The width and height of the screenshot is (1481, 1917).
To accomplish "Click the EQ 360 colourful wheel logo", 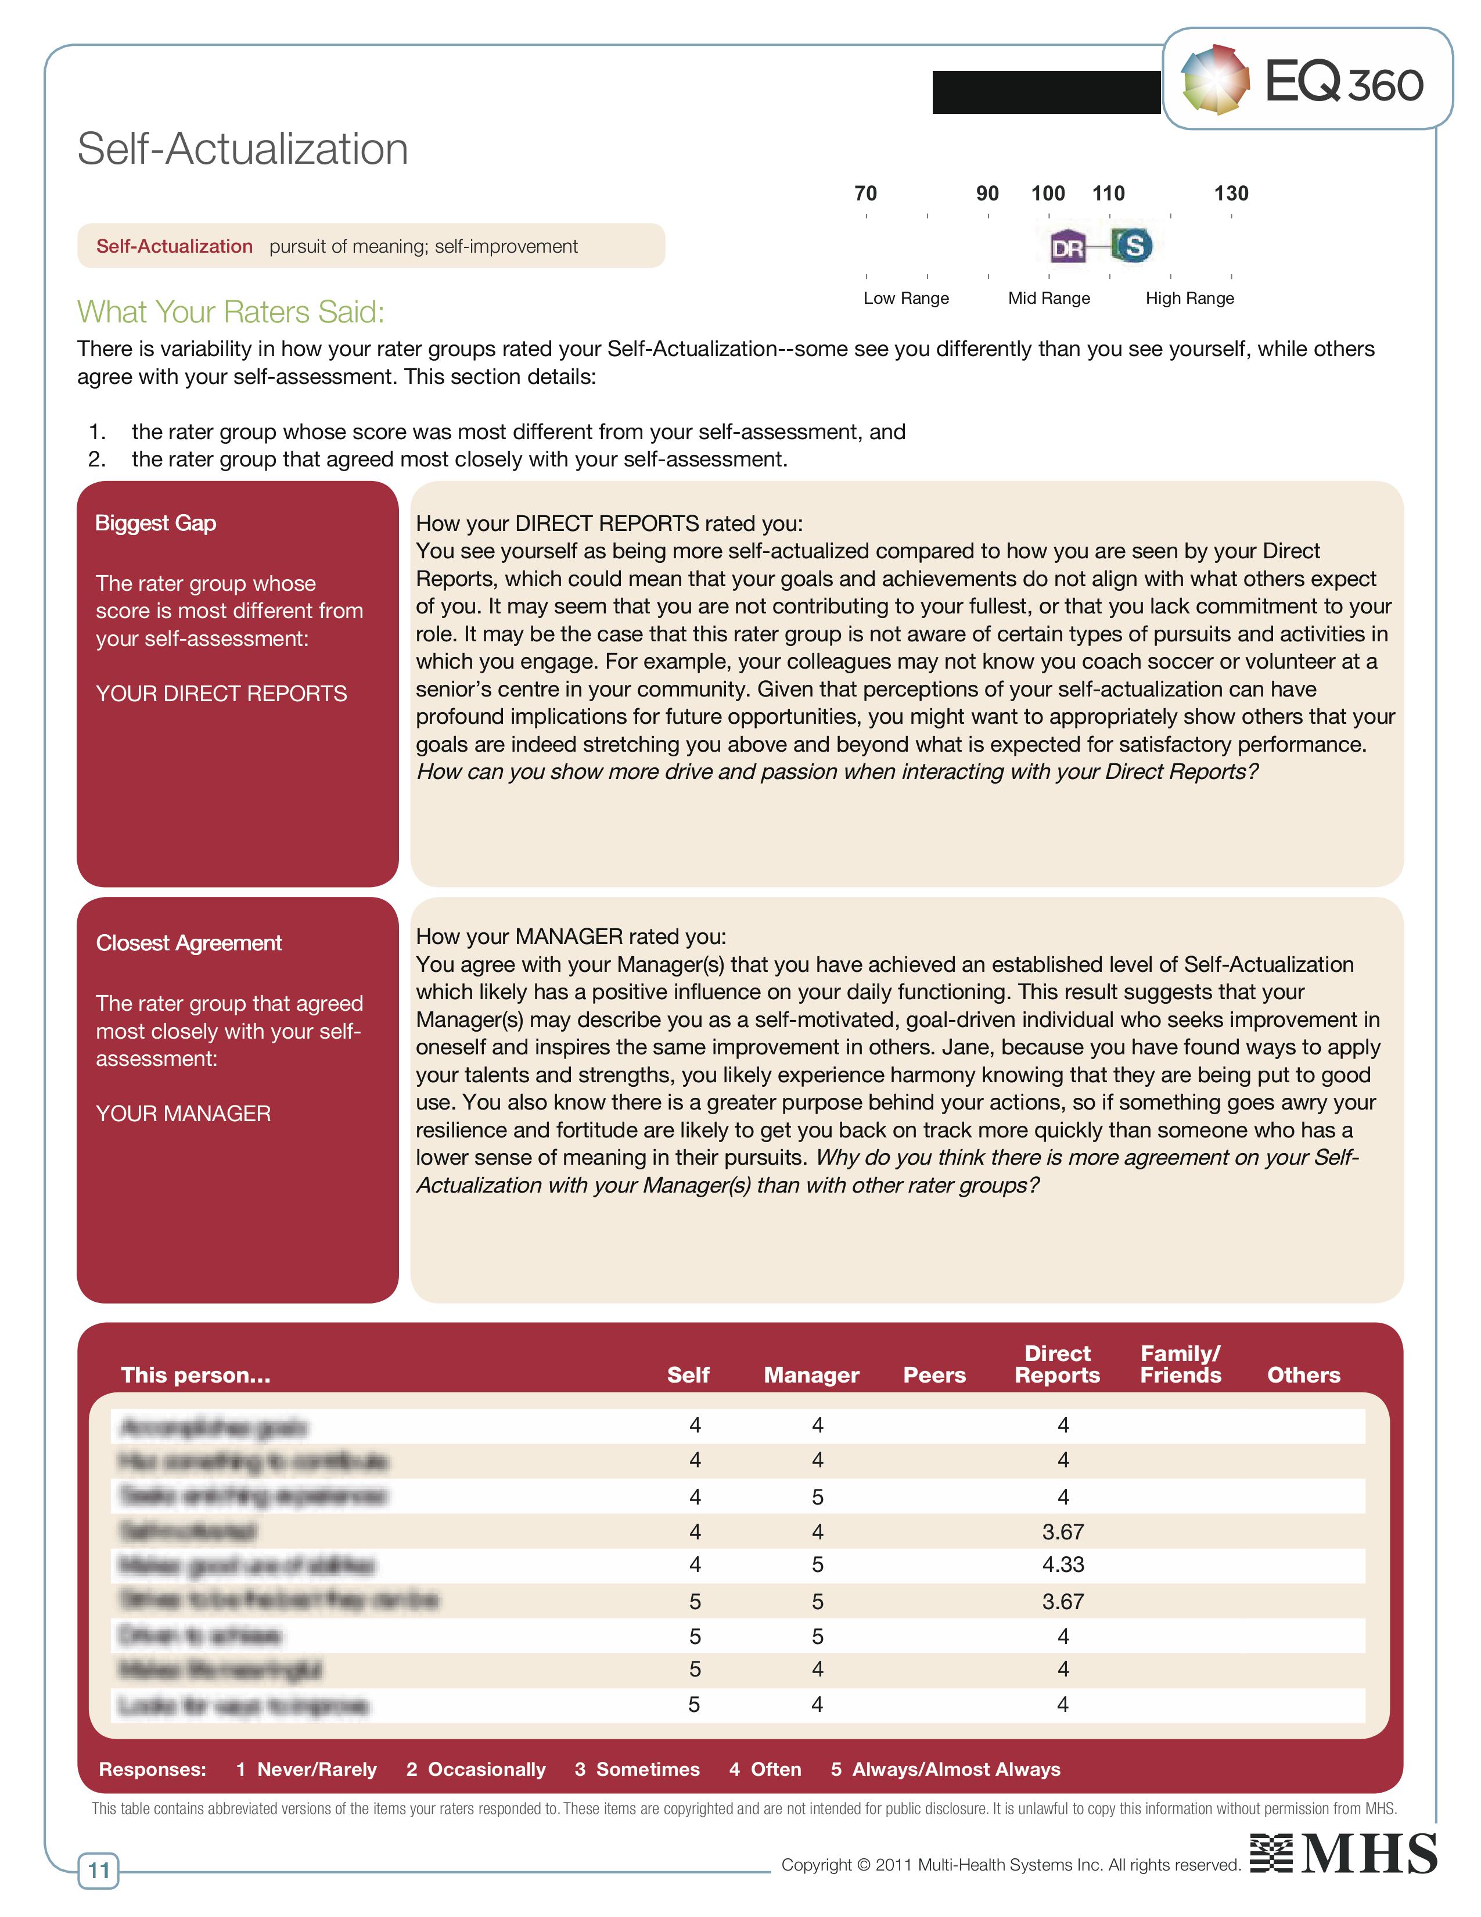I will (1215, 80).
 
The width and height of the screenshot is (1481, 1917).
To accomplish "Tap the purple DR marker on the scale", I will (1067, 247).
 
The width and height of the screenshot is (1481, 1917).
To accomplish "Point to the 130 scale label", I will (1231, 193).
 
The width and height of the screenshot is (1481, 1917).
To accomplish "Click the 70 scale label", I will (865, 193).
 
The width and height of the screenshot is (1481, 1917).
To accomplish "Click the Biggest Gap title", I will (155, 523).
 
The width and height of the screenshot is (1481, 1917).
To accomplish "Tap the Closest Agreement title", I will (189, 943).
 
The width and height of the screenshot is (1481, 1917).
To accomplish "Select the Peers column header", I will (934, 1376).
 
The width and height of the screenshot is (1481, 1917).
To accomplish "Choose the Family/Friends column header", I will (1180, 1365).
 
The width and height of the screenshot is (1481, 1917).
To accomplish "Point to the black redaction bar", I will (1046, 92).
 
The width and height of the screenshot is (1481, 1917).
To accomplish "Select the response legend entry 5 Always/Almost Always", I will (946, 1769).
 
